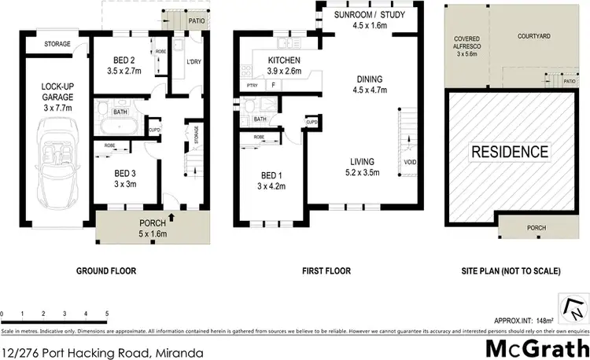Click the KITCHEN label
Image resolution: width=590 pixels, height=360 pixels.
coord(285,61)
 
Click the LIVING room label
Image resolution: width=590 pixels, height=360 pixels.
coord(368,162)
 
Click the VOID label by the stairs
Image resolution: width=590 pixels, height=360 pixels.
coord(411,163)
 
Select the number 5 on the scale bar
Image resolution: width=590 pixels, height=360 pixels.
coord(106,314)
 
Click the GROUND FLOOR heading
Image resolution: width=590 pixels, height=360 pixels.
coord(106,271)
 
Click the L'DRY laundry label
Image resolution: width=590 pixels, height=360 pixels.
coord(192,61)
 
